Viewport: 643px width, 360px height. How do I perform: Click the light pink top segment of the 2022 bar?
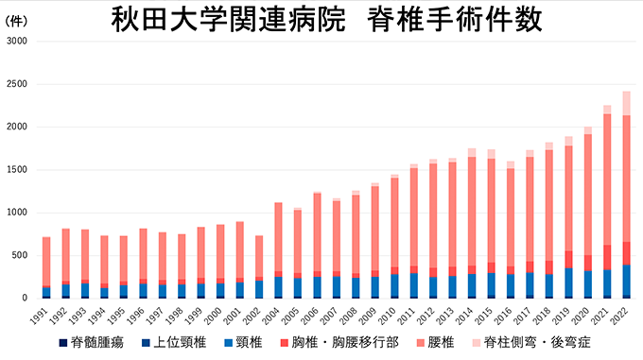click(626, 103)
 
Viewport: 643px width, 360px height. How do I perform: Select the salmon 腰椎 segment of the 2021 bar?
click(607, 180)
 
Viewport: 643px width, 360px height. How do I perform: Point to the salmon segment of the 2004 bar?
click(278, 236)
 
